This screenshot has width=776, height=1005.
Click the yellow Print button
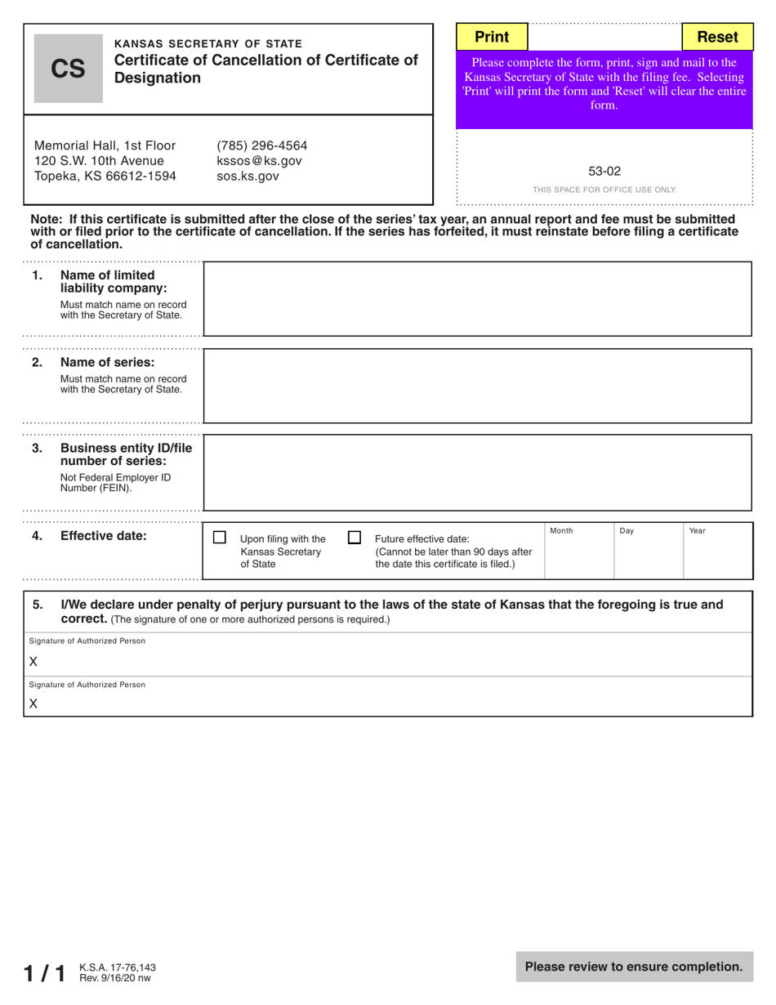[x=492, y=37]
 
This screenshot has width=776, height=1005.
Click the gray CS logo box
[x=68, y=69]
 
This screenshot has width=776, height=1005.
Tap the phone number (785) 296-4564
[x=261, y=146]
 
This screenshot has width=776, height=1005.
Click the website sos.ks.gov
[x=248, y=176]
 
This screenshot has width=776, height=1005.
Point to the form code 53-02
[x=604, y=172]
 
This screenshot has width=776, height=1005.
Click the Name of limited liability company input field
[x=477, y=299]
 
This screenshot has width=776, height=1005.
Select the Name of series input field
[x=477, y=386]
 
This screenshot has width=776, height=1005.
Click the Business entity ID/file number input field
[x=477, y=472]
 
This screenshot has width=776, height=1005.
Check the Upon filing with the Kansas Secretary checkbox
[x=220, y=538]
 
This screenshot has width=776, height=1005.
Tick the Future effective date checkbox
[x=355, y=538]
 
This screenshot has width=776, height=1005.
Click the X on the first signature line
[x=33, y=662]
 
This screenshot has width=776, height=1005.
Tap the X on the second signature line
[x=33, y=703]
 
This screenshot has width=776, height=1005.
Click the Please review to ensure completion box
[x=634, y=967]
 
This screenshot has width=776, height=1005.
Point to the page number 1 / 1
[x=44, y=972]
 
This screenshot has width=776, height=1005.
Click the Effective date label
[x=104, y=537]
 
